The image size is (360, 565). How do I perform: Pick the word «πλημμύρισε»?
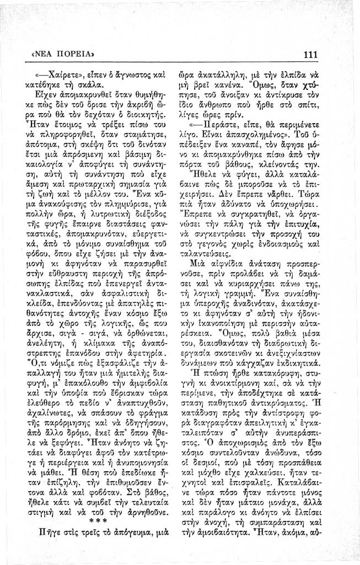130,225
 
